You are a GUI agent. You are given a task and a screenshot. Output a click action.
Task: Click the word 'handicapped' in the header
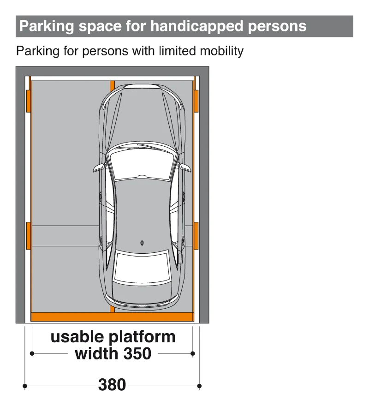tap(197, 26)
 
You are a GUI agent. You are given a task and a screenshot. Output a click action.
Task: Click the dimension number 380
tap(112, 385)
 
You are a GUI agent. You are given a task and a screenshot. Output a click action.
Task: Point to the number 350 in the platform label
tap(137, 353)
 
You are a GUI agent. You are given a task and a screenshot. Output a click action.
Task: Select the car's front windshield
tap(142, 165)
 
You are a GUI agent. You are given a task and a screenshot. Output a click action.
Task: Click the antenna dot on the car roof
tap(142, 243)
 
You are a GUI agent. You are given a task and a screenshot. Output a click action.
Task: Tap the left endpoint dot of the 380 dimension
tap(25, 386)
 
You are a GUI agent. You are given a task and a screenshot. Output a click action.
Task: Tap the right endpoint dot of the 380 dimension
tap(199, 386)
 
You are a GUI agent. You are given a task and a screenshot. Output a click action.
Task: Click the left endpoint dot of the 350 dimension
tap(32, 353)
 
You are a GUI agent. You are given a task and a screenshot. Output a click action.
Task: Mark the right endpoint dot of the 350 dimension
tap(193, 353)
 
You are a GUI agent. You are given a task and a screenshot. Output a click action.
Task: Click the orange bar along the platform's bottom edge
tap(113, 316)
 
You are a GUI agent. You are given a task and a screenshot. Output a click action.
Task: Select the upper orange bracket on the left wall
tap(29, 101)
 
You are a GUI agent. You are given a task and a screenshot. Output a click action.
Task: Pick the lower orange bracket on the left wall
tap(29, 236)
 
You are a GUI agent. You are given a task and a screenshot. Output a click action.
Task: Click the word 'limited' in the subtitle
tap(177, 51)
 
